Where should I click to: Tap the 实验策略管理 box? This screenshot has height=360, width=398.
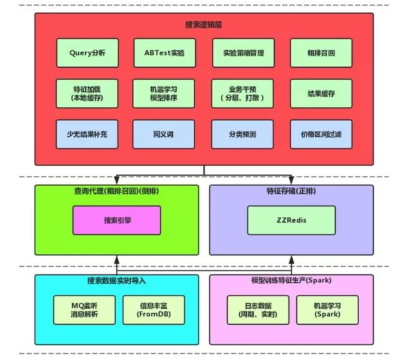242,53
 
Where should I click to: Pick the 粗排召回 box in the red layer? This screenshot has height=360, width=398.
321,53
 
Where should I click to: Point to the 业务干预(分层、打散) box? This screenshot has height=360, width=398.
242,94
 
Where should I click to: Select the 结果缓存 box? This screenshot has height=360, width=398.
321,94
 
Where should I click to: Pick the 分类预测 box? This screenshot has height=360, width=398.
242,134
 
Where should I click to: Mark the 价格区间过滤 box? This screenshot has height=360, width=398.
321,134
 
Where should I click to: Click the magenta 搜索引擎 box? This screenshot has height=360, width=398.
116,221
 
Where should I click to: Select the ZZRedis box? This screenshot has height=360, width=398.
292,220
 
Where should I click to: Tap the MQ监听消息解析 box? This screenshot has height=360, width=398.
84,309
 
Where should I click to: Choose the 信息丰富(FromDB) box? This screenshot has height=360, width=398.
153,309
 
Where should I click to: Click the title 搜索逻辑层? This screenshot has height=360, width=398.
204,24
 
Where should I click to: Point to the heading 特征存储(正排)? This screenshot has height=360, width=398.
291,191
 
